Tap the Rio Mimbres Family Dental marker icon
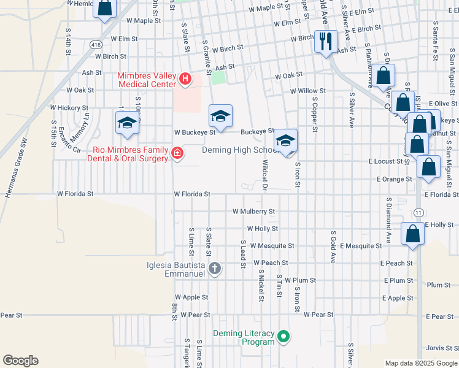pos(177,153)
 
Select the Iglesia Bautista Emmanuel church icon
pos(215,268)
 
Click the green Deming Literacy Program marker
pos(283,336)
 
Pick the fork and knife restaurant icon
pos(325,42)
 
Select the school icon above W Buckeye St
pos(221,115)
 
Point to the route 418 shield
pos(95,45)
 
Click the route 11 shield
pos(418,212)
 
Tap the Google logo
pos(20,361)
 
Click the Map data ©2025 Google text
pos(420,363)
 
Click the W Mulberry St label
pos(253,212)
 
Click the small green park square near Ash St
pos(218,78)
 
